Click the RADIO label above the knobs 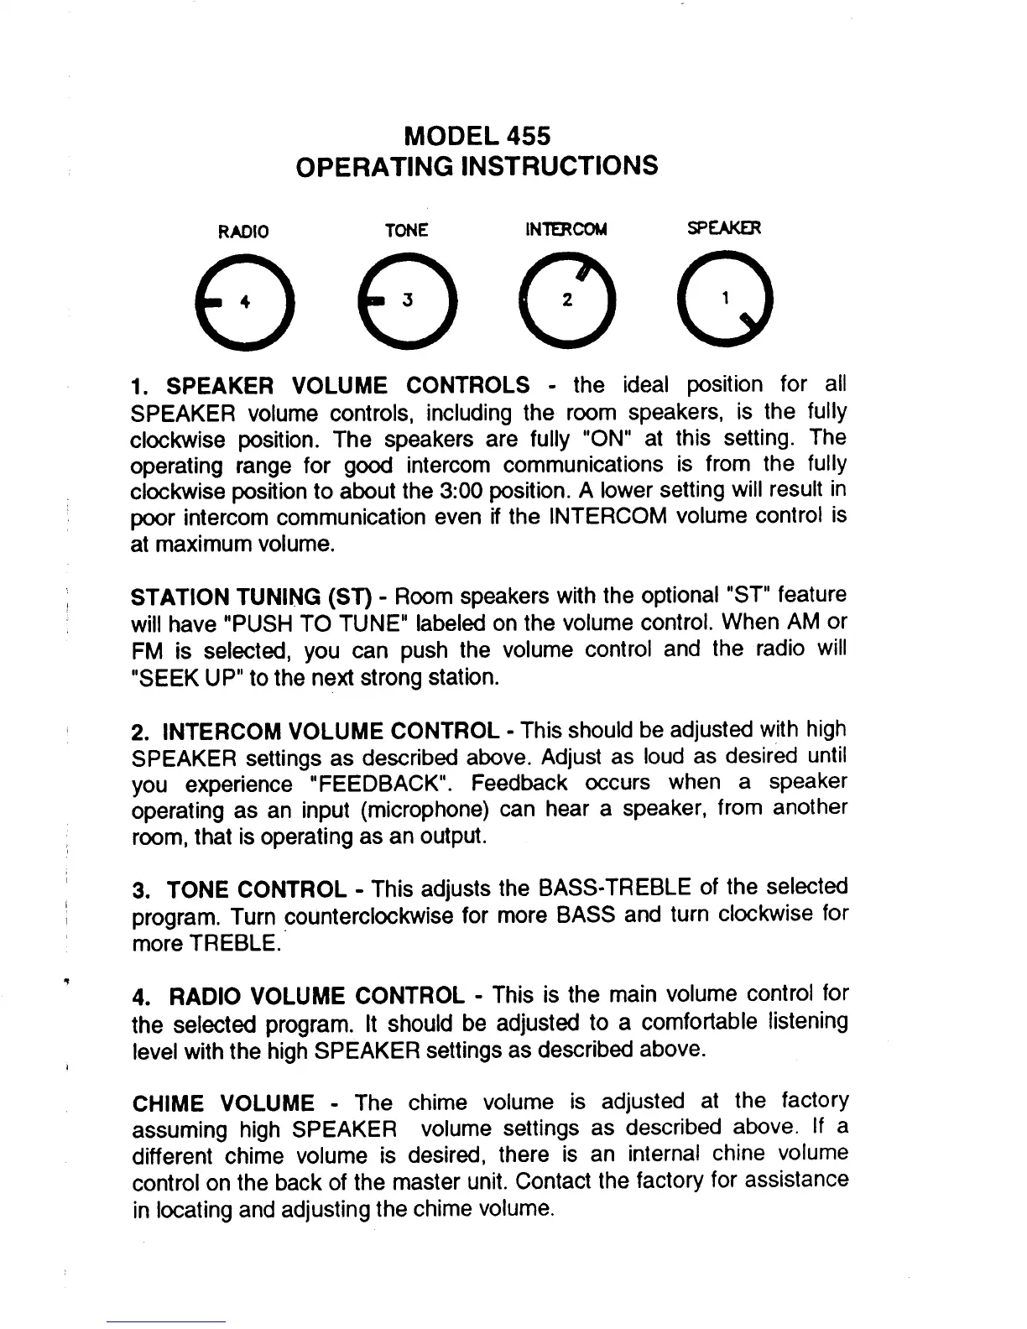[243, 231]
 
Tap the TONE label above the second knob [406, 230]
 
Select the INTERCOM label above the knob [566, 229]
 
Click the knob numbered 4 [243, 301]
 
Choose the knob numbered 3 [407, 301]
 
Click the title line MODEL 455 [477, 135]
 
